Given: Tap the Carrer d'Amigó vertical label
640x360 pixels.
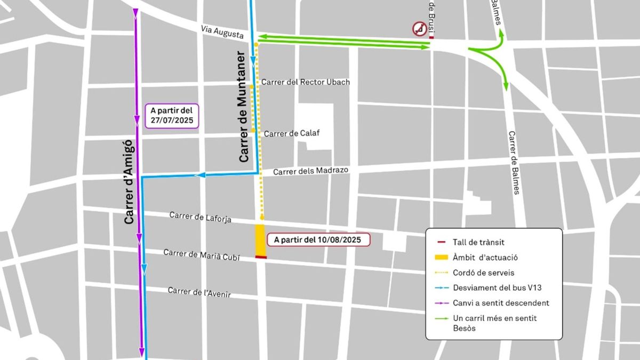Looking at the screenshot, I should click(x=128, y=182).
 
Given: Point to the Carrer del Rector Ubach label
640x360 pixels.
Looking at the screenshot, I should click(x=306, y=82).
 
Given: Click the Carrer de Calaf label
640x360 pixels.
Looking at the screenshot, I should click(x=291, y=133).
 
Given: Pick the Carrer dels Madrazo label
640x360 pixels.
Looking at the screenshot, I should click(x=310, y=171).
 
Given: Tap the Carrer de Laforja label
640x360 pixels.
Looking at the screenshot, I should click(x=200, y=217).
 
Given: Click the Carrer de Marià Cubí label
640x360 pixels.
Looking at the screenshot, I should click(x=202, y=255).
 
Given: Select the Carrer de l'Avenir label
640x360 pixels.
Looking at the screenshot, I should click(x=199, y=292).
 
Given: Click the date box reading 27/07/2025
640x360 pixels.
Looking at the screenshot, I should click(x=171, y=115).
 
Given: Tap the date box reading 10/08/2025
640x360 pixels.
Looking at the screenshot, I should click(x=318, y=240).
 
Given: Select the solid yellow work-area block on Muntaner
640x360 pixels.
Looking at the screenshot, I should click(x=260, y=240).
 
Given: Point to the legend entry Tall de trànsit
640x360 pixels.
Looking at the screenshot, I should click(x=478, y=242).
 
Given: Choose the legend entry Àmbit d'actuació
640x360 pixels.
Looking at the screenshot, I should click(x=485, y=258).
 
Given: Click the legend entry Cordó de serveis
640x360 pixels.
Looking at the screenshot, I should click(x=483, y=273).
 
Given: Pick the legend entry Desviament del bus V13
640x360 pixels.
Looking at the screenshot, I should click(x=493, y=288).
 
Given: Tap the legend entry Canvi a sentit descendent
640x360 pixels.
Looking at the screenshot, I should click(x=500, y=303).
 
